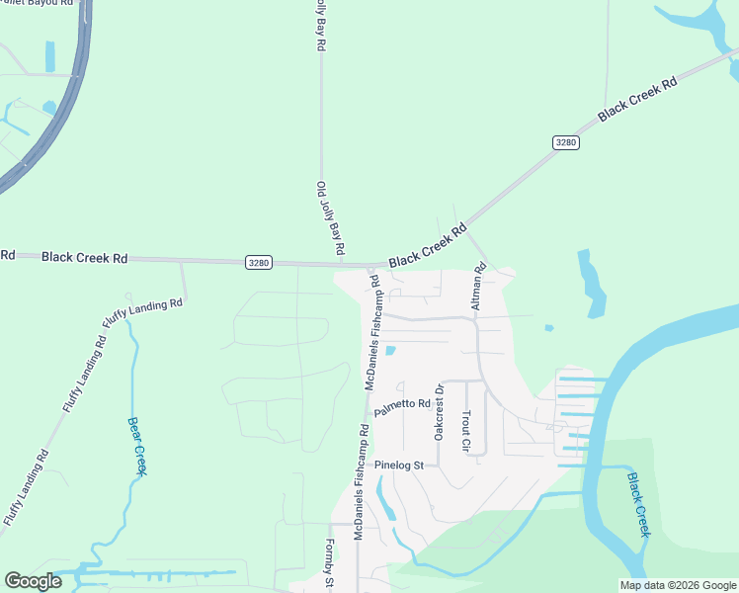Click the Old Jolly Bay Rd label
pyautogui.click(x=330, y=218)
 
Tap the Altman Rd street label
pyautogui.click(x=479, y=287)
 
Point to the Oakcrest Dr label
pyautogui.click(x=440, y=413)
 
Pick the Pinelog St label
pyautogui.click(x=398, y=465)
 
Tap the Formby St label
pyautogui.click(x=330, y=564)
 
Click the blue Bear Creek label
pyautogui.click(x=137, y=446)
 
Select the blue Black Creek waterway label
pyautogui.click(x=639, y=504)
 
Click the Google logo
pyautogui.click(x=33, y=581)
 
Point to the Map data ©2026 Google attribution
pyautogui.click(x=678, y=585)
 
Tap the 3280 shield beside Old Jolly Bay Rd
pyautogui.click(x=258, y=262)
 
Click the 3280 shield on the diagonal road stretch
pyautogui.click(x=565, y=143)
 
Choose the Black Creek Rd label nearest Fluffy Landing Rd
pyautogui.click(x=84, y=258)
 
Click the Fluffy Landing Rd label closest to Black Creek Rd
pyautogui.click(x=143, y=313)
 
